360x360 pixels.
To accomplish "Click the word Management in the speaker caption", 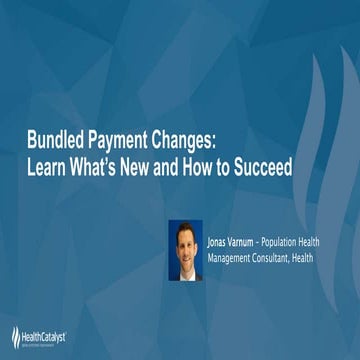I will (x=232, y=258).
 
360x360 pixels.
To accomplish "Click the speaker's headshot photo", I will (x=185, y=250).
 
